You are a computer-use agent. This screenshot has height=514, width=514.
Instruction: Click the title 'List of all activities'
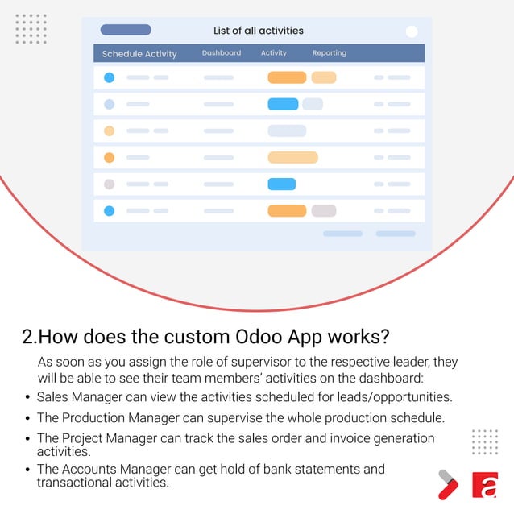pyautogui.click(x=258, y=31)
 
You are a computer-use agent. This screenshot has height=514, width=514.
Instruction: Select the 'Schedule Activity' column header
pyautogui.click(x=139, y=54)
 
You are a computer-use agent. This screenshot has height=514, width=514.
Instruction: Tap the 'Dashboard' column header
pyautogui.click(x=222, y=53)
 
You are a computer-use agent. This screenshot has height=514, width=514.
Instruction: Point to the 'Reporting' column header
pyautogui.click(x=330, y=53)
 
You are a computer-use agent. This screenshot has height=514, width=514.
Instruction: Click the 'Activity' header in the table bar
pyautogui.click(x=274, y=53)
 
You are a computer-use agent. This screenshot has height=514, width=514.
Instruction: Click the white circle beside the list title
pyautogui.click(x=412, y=31)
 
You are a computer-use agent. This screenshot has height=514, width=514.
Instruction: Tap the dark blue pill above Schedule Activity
pyautogui.click(x=126, y=30)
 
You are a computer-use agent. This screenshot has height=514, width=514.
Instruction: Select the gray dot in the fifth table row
pyautogui.click(x=110, y=184)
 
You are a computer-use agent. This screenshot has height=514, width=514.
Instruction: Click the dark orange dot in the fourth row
pyautogui.click(x=110, y=158)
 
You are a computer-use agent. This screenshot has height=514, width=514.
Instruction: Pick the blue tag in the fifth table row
pyautogui.click(x=282, y=184)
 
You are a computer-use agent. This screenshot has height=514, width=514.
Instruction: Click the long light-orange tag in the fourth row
pyautogui.click(x=292, y=158)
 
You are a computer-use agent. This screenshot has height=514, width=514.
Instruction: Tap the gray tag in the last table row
pyautogui.click(x=324, y=211)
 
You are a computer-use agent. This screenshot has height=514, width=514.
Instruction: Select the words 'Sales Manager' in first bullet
pyautogui.click(x=78, y=397)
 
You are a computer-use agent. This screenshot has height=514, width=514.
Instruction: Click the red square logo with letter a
pyautogui.click(x=484, y=485)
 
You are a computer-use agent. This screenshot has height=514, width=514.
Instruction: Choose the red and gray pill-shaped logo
pyautogui.click(x=447, y=484)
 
